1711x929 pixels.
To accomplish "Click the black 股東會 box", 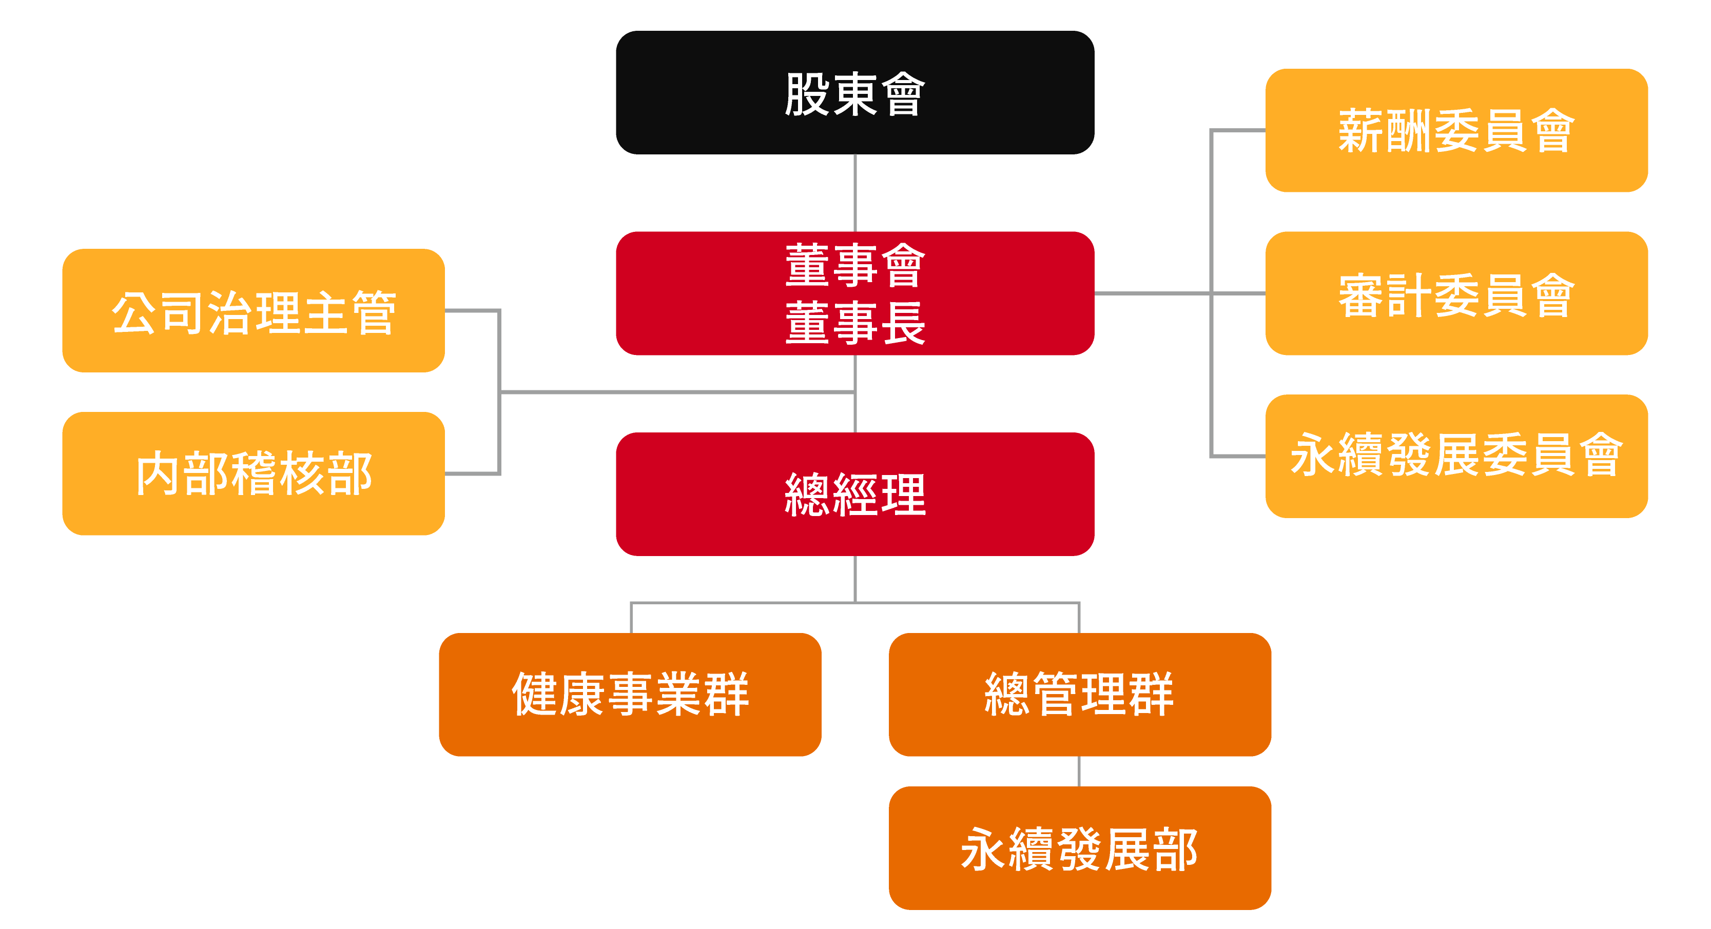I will coord(855,92).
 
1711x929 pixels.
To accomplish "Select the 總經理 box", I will coord(855,494).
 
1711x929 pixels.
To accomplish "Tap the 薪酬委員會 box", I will coord(1456,130).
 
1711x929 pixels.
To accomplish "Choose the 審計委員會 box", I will coord(1456,293).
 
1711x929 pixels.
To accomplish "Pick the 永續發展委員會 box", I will coord(1456,456).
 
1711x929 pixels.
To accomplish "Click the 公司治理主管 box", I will coord(253,311).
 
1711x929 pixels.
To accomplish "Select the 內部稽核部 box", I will coord(253,473).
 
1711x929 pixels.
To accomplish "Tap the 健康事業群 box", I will coord(630,695).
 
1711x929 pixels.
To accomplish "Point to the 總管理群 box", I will coord(1079,695).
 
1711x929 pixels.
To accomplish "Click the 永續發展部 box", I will coord(1079,848).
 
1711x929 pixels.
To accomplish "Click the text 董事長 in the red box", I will coord(855,323).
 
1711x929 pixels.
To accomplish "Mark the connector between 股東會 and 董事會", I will coord(855,192).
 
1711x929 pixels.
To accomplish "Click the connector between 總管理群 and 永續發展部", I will coord(1079,771).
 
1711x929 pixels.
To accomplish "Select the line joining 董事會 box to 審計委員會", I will coord(1153,293).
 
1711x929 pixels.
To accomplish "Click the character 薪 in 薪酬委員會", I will coord(1361,131).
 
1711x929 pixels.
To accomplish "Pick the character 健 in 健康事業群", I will coord(535,695).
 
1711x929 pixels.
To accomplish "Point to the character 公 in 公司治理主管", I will coord(134,312).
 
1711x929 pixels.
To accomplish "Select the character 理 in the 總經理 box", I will coord(903,495).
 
